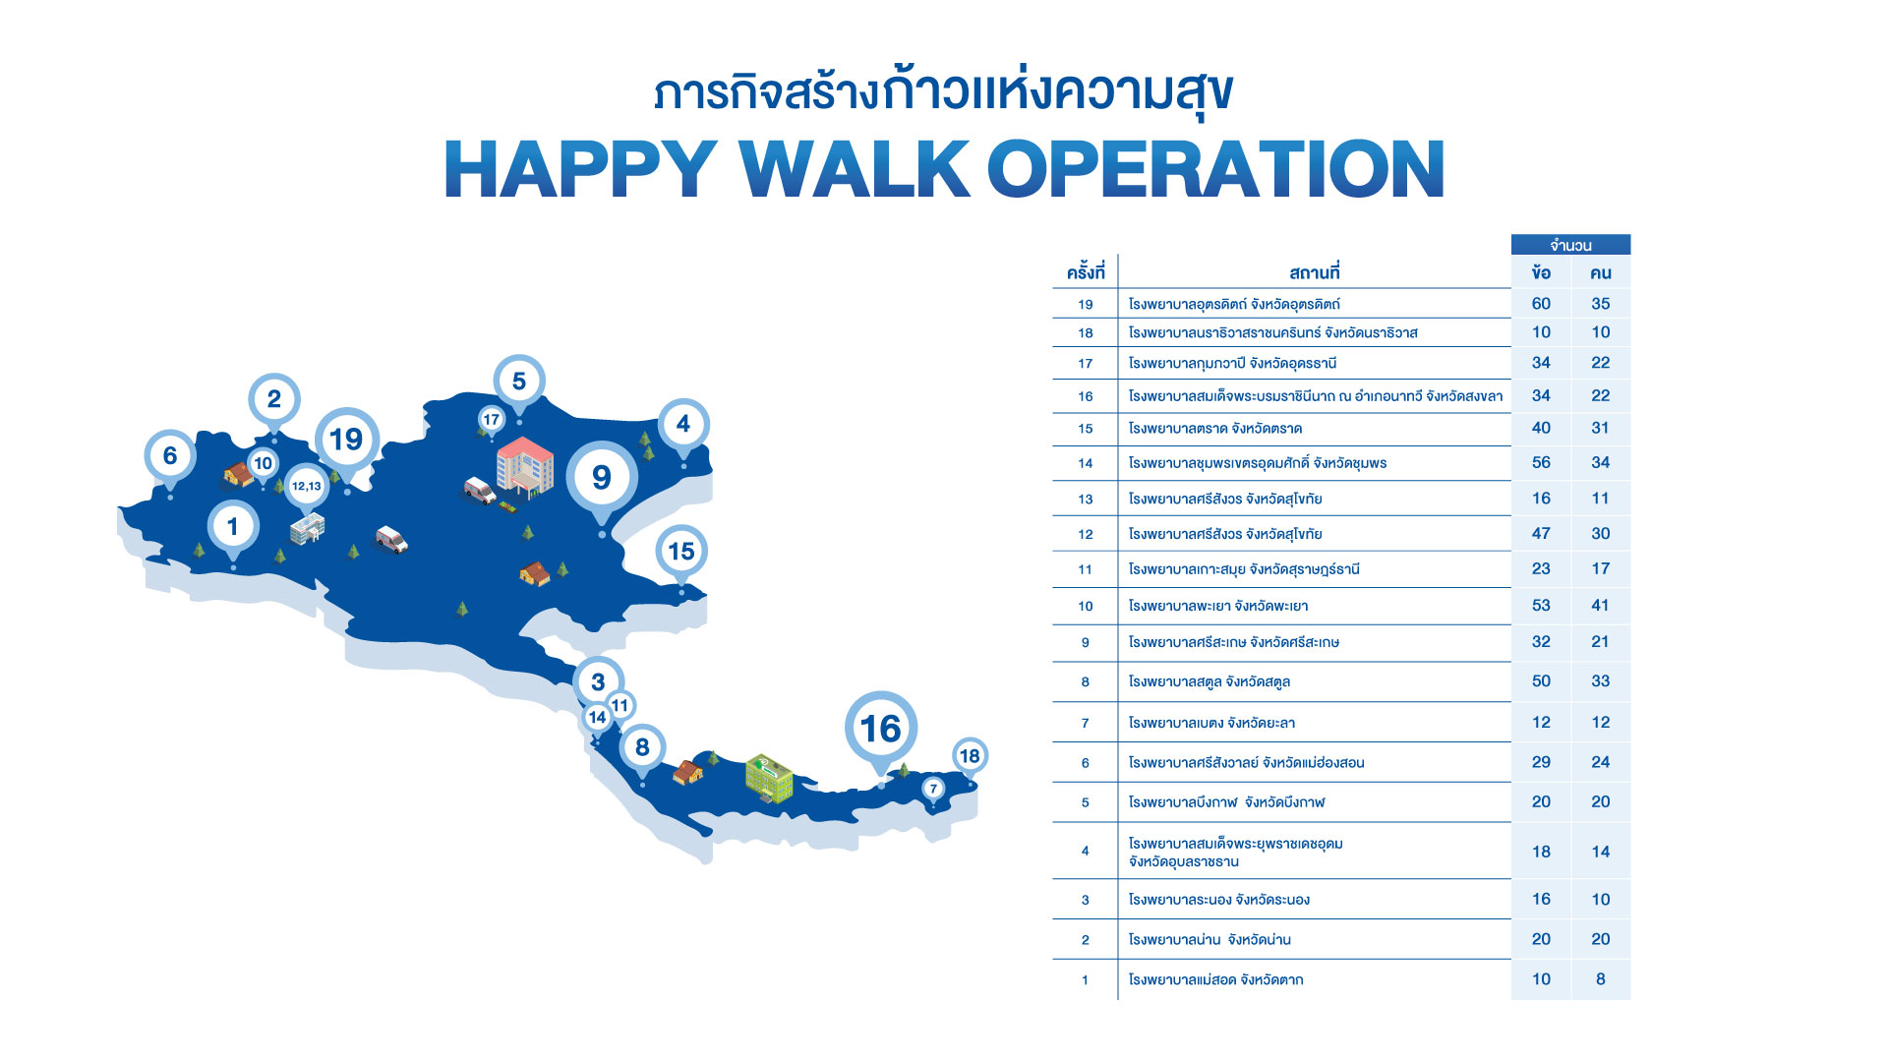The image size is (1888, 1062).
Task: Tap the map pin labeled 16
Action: [x=881, y=729]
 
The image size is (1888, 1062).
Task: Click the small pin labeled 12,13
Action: [x=307, y=486]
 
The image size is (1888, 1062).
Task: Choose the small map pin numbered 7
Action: [x=934, y=789]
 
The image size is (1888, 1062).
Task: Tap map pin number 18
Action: [x=970, y=756]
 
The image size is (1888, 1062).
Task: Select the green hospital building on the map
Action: [x=769, y=778]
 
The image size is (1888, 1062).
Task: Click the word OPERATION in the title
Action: [x=1216, y=169]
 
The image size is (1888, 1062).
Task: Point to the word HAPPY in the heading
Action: [x=581, y=169]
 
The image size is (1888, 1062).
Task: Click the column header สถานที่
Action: [x=1315, y=272]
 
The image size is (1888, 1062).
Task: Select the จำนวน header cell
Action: [x=1570, y=245]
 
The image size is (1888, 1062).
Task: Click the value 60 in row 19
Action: [x=1541, y=304]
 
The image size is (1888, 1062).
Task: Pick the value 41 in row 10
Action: [x=1601, y=606]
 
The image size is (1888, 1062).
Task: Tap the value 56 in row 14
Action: [x=1541, y=462]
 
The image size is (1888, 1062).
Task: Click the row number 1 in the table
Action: [x=1085, y=979]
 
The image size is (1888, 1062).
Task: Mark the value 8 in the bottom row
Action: [x=1601, y=979]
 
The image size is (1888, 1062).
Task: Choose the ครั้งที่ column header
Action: [x=1086, y=272]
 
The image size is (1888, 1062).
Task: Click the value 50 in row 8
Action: [x=1541, y=681]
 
